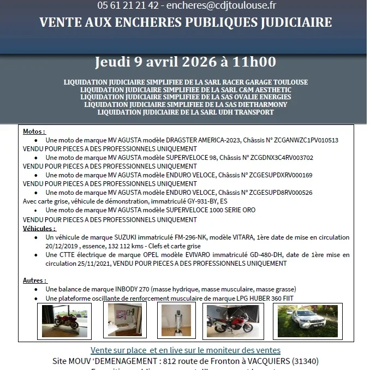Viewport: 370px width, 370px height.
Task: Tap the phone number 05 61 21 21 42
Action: pyautogui.click(x=128, y=6)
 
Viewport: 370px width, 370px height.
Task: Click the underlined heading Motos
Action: pyautogui.click(x=34, y=132)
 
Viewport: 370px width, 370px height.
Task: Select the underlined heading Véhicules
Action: pyautogui.click(x=39, y=229)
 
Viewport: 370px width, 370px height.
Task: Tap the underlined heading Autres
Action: pyautogui.click(x=34, y=281)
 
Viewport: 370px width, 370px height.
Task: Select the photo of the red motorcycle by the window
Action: pyautogui.click(x=64, y=321)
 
